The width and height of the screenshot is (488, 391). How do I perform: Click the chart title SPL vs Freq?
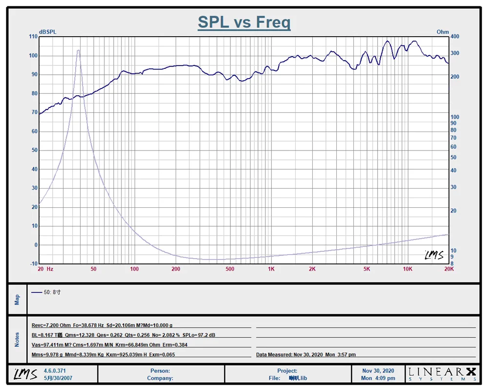244,22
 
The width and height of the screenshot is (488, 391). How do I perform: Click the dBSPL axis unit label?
47,32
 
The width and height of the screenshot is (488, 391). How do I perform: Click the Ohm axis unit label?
443,32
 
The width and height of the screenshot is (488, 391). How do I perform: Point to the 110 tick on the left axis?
33,37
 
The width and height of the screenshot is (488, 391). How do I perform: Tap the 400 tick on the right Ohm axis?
455,37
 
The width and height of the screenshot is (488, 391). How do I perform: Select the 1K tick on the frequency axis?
271,269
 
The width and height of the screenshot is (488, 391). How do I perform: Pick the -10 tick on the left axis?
33,264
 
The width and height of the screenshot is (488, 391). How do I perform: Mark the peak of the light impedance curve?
78,50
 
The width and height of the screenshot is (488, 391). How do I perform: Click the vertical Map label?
17,299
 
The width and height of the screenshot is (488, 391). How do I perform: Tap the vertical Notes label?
17,340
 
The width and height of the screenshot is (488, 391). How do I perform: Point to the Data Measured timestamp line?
306,355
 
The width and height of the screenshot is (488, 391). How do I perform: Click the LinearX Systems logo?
442,374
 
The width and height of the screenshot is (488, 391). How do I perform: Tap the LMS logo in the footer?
25,374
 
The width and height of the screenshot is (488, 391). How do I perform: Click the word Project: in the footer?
287,371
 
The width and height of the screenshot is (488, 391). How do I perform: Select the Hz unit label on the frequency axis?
50,269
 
